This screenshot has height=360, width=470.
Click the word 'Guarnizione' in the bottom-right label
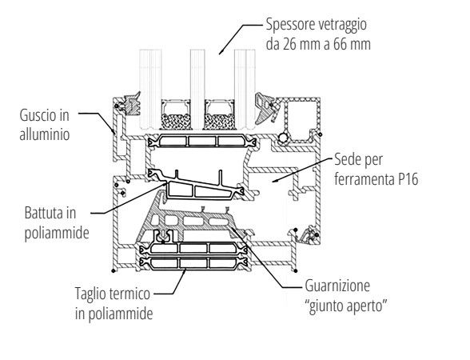(x=341, y=285)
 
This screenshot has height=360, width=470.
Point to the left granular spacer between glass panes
(x=176, y=120)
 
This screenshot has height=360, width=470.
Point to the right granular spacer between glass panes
(x=219, y=120)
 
